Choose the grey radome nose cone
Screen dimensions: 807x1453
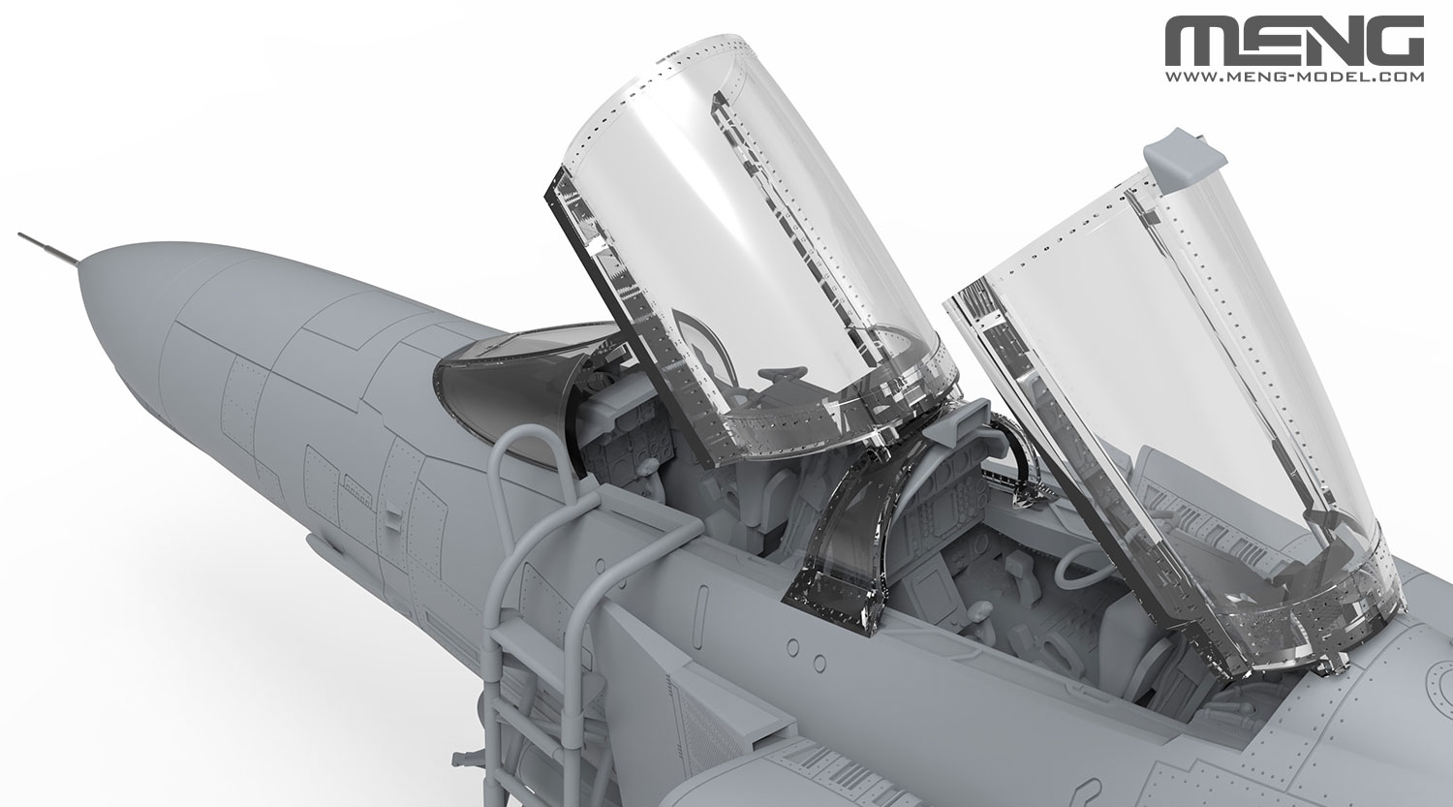click(x=126, y=310)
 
